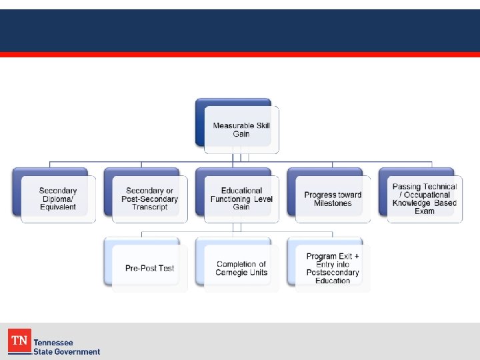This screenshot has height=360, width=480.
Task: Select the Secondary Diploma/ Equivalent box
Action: click(x=58, y=199)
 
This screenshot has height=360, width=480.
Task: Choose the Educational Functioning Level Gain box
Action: click(x=241, y=199)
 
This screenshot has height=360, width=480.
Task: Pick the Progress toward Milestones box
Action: click(x=333, y=199)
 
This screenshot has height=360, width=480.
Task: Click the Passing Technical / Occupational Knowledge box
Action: click(x=425, y=199)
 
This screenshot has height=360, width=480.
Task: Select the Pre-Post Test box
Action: click(x=150, y=268)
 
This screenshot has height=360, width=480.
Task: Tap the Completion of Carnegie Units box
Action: click(x=241, y=268)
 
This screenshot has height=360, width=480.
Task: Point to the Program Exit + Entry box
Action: click(x=333, y=268)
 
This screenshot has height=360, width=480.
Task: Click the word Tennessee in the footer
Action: click(x=53, y=343)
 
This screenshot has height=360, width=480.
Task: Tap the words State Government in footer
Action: click(x=67, y=351)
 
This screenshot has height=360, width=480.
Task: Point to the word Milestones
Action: click(x=333, y=203)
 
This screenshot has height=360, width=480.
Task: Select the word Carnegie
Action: click(x=230, y=273)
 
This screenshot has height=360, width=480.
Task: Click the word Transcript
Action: click(x=150, y=207)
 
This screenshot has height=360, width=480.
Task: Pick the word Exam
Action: click(x=425, y=211)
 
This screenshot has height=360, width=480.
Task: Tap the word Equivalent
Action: click(x=58, y=207)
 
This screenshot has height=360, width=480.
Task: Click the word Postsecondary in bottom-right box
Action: click(x=333, y=273)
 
